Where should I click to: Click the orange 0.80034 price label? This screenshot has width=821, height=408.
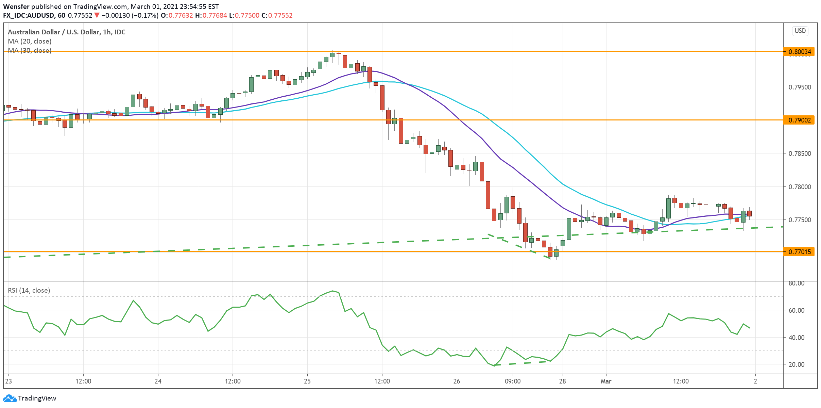coord(799,52)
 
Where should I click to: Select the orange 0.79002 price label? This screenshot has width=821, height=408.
coord(799,120)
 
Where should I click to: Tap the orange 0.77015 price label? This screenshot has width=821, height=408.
coord(799,252)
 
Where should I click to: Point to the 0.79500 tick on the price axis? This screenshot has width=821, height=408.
coord(800,87)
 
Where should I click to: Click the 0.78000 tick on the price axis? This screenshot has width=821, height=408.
coord(800,187)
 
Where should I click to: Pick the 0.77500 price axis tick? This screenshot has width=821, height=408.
coord(800,220)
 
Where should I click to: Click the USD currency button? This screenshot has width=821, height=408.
coord(800,31)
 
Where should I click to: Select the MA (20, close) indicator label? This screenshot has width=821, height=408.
coord(30,41)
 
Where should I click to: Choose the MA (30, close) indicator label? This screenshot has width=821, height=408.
coord(30,50)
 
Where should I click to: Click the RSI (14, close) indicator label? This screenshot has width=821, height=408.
coord(29,290)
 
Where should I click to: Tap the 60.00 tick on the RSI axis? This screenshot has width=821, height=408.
coord(796,310)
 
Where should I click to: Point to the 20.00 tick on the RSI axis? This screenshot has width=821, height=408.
coord(796,364)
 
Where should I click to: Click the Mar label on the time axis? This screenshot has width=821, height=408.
coord(606,381)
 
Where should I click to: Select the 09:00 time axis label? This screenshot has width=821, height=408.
coord(513,381)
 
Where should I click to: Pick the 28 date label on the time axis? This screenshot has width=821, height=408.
coord(563,381)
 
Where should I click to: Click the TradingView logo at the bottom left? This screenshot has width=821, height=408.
coord(30,398)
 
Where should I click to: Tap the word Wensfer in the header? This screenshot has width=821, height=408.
coord(16,6)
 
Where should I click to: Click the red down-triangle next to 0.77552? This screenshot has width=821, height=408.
coord(97,15)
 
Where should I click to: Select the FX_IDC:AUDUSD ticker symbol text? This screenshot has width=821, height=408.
coord(29,15)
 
